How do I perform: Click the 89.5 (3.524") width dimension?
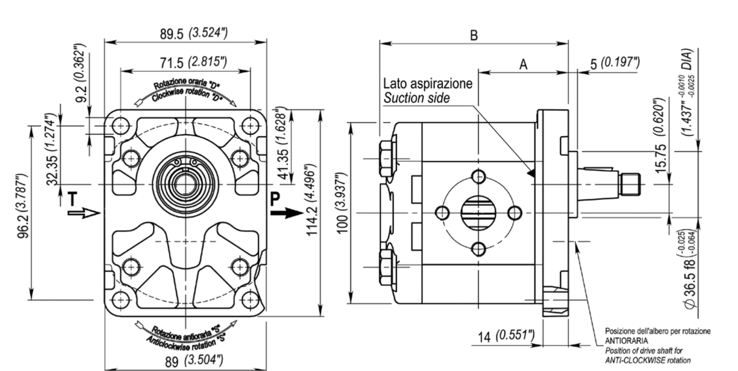[x=194, y=33]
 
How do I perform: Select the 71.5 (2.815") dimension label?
[x=193, y=62]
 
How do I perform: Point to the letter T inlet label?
[x=73, y=199]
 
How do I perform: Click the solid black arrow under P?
[x=287, y=213]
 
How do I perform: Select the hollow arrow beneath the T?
[x=84, y=213]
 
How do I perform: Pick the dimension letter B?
[x=474, y=35]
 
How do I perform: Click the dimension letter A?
[x=523, y=65]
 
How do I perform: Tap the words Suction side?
[x=417, y=98]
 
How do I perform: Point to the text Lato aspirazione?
[x=428, y=83]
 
